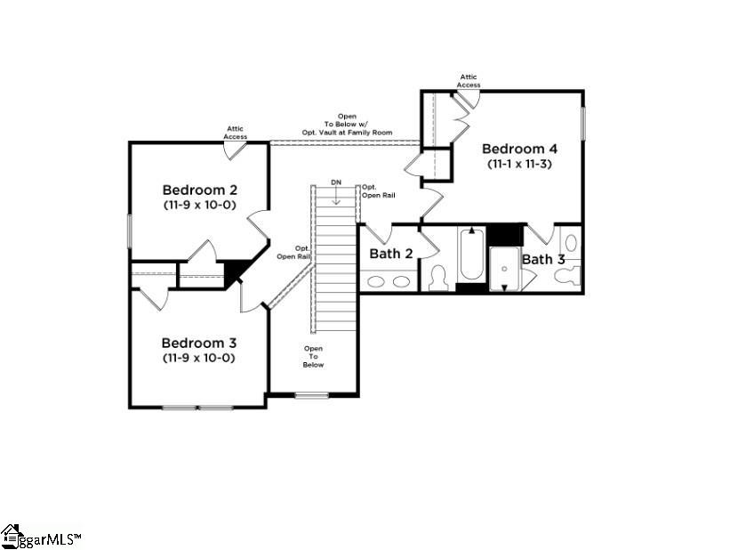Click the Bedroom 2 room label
click(199, 190)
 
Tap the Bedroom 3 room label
click(198, 343)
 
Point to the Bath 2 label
click(391, 254)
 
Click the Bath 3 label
click(542, 259)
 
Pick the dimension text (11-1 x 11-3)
click(519, 164)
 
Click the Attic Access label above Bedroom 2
click(236, 133)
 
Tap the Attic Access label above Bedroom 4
click(469, 81)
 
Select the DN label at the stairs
click(335, 182)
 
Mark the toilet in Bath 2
click(437, 279)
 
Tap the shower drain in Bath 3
click(504, 268)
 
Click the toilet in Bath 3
click(566, 275)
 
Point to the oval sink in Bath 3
click(572, 242)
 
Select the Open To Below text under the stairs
click(313, 356)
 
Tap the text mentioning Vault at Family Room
click(346, 133)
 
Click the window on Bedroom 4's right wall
click(583, 123)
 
